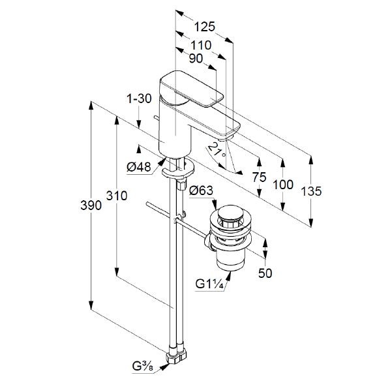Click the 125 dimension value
(x=204, y=27)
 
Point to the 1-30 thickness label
(x=140, y=99)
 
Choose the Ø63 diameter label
(x=202, y=191)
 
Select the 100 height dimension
(x=283, y=185)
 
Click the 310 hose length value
(x=117, y=196)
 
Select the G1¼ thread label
(x=211, y=284)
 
